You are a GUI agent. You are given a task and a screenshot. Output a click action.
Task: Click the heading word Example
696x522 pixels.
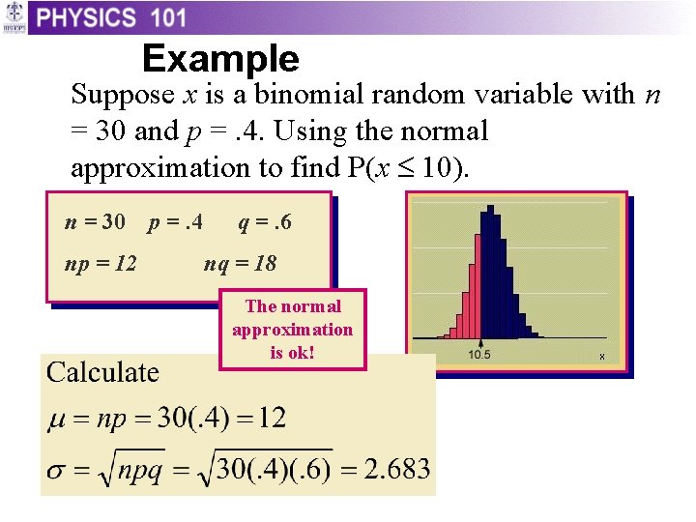[220, 60]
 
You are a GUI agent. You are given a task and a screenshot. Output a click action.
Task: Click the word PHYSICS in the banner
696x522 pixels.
[87, 17]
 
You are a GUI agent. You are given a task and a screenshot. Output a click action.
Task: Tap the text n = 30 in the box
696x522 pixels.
[95, 222]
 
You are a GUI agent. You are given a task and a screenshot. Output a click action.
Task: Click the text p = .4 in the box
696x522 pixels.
[175, 222]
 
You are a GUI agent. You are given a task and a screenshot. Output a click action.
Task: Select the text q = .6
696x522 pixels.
[264, 222]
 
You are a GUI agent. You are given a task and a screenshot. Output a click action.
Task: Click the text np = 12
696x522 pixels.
[101, 263]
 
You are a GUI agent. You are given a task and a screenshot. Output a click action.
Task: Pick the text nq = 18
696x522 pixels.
[240, 263]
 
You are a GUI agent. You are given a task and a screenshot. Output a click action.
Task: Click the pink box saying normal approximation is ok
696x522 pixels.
[293, 330]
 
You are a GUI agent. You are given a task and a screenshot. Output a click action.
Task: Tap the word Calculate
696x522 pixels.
[103, 372]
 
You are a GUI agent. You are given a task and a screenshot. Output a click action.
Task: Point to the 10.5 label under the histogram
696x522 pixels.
[479, 355]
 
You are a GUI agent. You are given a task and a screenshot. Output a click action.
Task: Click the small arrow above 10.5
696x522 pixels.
[479, 342]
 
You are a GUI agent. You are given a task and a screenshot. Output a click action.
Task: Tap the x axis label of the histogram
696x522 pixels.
[602, 357]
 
